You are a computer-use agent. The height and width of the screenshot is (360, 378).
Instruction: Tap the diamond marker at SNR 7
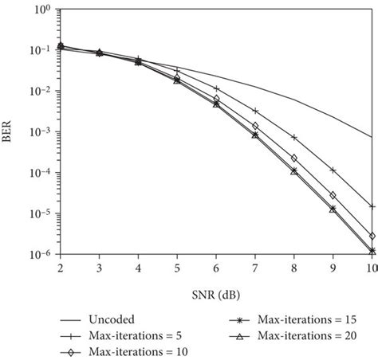[x=255, y=126]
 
